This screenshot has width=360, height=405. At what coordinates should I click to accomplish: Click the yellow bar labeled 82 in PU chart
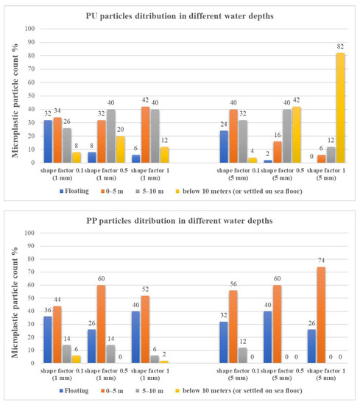click(341, 108)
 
